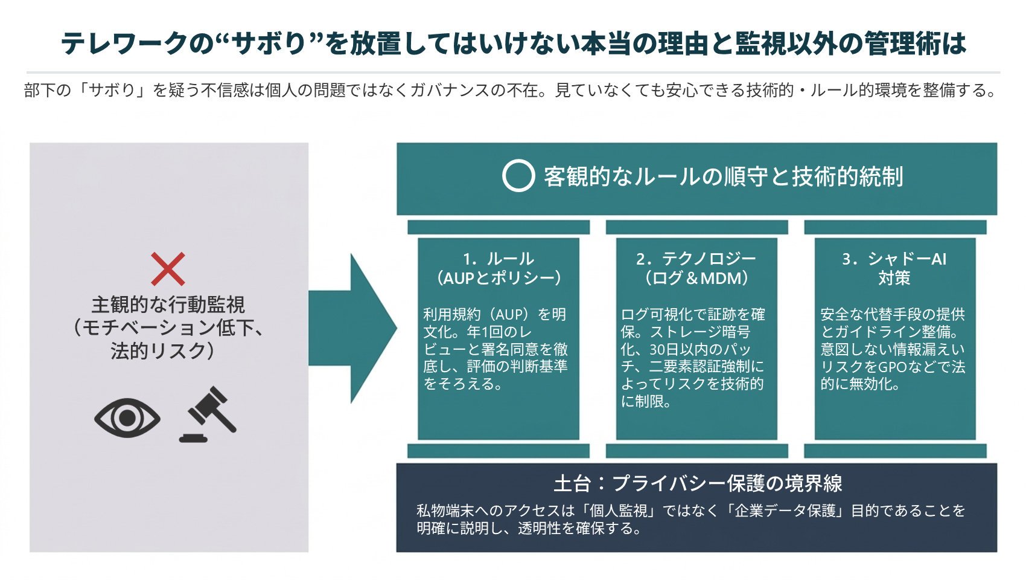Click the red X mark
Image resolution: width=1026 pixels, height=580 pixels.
(x=168, y=269)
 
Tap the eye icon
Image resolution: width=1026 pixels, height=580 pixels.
(x=127, y=417)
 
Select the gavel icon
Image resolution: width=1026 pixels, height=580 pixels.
(x=208, y=414)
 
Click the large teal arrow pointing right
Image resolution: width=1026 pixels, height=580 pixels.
(x=352, y=328)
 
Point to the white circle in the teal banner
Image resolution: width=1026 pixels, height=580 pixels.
(x=518, y=176)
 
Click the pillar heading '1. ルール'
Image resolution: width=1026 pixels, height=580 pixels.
(x=499, y=259)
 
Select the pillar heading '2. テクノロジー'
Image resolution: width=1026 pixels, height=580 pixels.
(x=696, y=259)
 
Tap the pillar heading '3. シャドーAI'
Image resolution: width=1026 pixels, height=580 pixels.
(x=894, y=259)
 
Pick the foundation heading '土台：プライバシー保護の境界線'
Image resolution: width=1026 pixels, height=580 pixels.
(x=698, y=483)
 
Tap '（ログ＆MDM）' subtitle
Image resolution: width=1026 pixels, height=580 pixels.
(x=696, y=278)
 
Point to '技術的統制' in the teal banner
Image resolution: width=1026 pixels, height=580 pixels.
(x=847, y=176)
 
